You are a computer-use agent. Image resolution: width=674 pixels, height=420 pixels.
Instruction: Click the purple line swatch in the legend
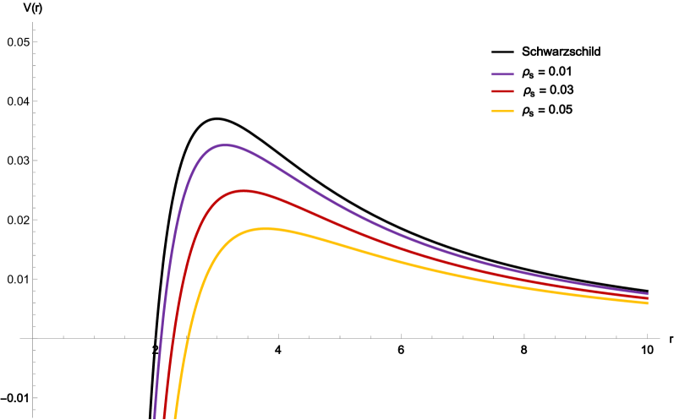502,74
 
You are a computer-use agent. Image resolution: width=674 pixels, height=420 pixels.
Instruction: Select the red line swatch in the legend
502,91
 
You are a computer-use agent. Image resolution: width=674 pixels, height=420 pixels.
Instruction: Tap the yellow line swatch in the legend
502,111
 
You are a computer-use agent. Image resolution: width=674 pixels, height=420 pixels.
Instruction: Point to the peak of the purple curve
224,145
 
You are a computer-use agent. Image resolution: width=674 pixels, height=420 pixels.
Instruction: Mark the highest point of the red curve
244,191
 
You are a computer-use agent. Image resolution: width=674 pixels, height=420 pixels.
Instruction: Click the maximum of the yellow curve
266,228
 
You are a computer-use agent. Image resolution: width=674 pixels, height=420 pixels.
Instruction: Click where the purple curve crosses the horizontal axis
160,338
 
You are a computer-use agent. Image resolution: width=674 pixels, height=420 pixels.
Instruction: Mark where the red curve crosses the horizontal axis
173,338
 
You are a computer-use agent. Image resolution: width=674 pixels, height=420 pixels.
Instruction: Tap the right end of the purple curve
648,294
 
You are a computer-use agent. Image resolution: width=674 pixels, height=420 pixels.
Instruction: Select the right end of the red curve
648,298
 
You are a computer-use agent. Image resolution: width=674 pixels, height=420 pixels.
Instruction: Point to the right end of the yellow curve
648,303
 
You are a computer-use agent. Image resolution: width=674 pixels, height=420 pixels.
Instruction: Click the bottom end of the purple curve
155,417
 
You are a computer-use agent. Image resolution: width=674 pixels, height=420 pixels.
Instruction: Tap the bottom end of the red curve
164,417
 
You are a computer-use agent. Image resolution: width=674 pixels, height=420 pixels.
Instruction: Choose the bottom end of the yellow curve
175,417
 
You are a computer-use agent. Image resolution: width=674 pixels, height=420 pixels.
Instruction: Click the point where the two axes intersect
33,338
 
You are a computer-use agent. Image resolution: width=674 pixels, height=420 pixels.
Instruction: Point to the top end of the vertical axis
33,23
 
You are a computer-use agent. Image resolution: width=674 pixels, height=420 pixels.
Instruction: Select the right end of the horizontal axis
660,338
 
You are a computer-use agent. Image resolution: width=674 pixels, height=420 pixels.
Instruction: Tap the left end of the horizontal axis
19,338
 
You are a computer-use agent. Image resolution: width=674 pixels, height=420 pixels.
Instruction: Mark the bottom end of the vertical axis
33,417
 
